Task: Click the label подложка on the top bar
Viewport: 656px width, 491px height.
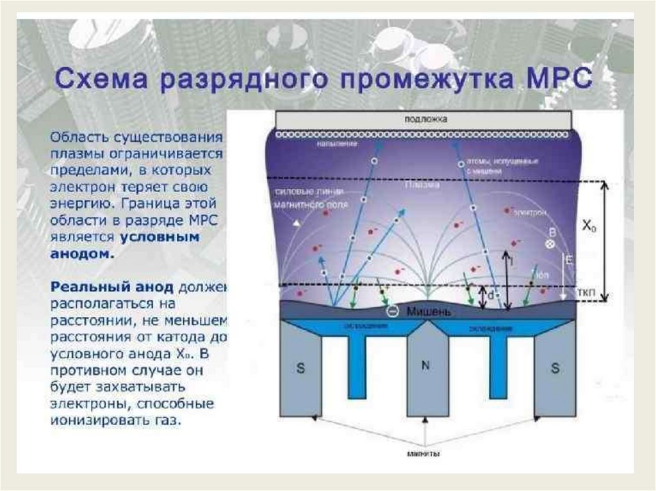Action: [x=425, y=119]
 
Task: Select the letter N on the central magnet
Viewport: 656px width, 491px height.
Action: [x=425, y=366]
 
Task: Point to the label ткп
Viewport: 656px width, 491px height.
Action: [x=585, y=292]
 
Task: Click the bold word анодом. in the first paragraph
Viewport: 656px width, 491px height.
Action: [x=83, y=254]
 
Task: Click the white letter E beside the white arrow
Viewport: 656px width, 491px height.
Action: [x=566, y=259]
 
